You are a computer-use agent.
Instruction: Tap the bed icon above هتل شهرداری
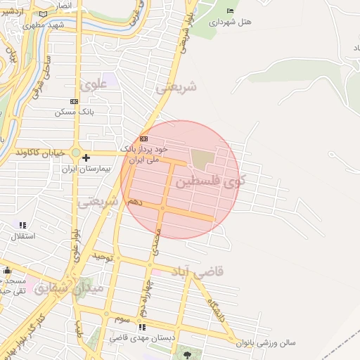[230, 11]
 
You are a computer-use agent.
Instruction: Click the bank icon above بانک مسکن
[74, 101]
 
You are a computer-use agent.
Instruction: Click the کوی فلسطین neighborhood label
[210, 181]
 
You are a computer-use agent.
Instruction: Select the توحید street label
[104, 257]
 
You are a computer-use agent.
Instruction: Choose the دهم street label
[134, 202]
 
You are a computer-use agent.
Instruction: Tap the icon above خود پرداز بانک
[143, 139]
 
